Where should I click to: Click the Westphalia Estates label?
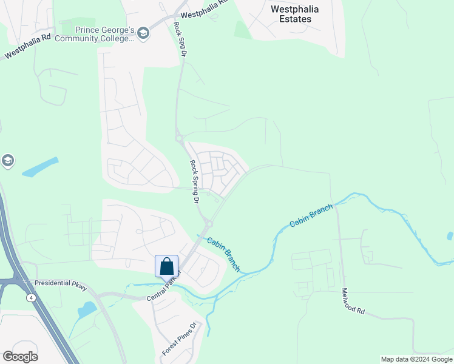tap(299, 14)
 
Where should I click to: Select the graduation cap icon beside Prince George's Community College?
tap(143, 33)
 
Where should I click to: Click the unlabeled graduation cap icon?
tap(7, 161)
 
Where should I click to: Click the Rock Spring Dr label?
tap(195, 181)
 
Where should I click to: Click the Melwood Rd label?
tap(353, 301)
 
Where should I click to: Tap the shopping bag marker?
tap(167, 266)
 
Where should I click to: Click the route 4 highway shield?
tap(30, 298)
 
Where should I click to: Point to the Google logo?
tap(20, 357)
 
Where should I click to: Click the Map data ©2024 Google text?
tap(416, 359)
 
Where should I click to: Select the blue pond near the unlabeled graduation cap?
tap(40, 167)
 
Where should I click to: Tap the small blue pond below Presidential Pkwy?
tap(87, 309)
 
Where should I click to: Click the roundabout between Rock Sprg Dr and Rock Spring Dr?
tap(180, 138)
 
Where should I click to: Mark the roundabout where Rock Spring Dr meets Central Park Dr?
tap(208, 223)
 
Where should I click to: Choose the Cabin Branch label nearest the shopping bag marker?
tap(224, 254)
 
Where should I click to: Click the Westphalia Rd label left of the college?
tap(27, 49)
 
